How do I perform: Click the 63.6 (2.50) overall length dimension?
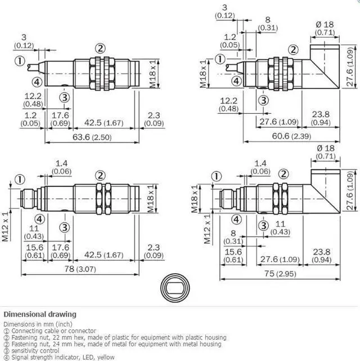(x=92, y=137)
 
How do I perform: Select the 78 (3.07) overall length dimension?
(x=80, y=269)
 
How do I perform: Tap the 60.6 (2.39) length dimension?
(x=291, y=136)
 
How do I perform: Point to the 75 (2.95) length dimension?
(x=280, y=274)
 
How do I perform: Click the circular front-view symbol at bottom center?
(x=175, y=288)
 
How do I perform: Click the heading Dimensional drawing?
(x=40, y=314)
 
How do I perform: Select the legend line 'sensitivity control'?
(x=31, y=351)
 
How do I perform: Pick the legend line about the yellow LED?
(x=59, y=357)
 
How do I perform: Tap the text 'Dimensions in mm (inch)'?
(x=38, y=324)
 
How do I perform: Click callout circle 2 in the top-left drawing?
(x=100, y=48)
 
